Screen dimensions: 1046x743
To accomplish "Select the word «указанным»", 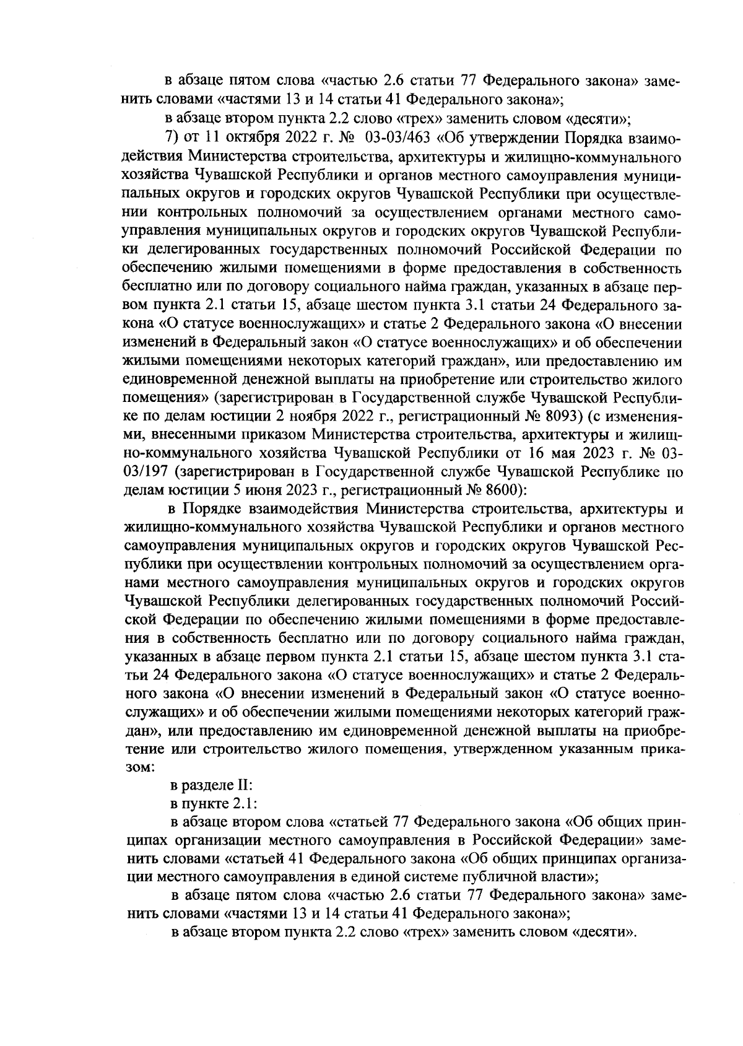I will click(606, 749).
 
